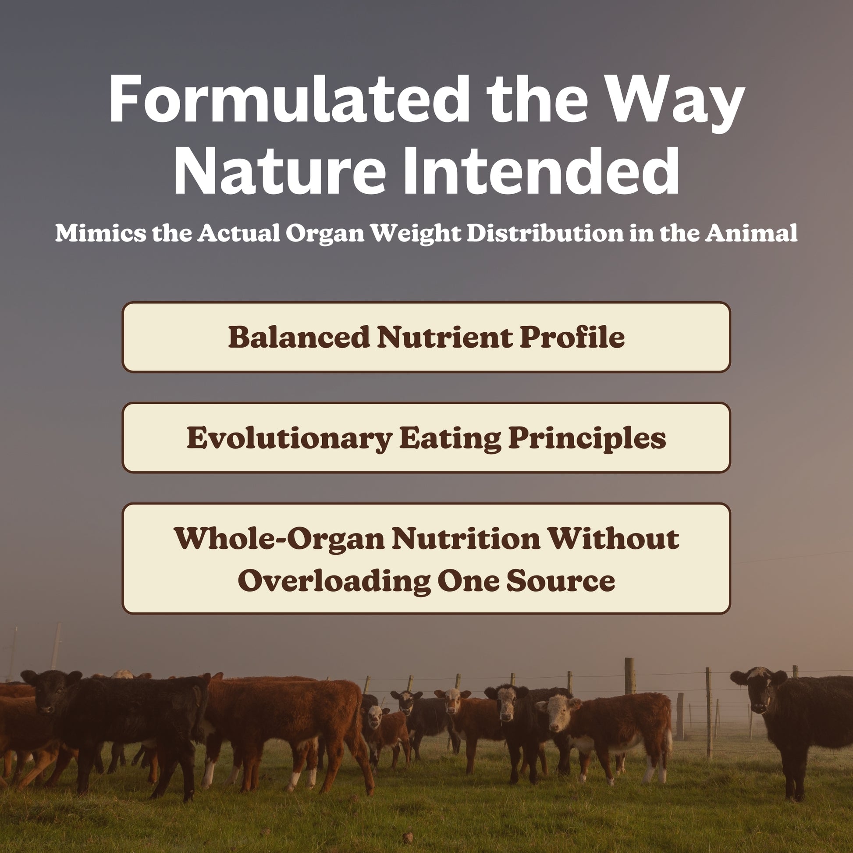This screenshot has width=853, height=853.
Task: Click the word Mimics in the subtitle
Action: [100, 233]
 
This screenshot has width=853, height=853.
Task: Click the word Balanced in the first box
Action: [299, 338]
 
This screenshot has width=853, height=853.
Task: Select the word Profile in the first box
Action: [572, 338]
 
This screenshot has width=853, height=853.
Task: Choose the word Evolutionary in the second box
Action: [289, 438]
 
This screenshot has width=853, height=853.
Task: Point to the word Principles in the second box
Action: [587, 438]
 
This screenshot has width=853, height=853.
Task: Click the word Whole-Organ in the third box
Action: [280, 539]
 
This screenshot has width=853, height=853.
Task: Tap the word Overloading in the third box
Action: [334, 581]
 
